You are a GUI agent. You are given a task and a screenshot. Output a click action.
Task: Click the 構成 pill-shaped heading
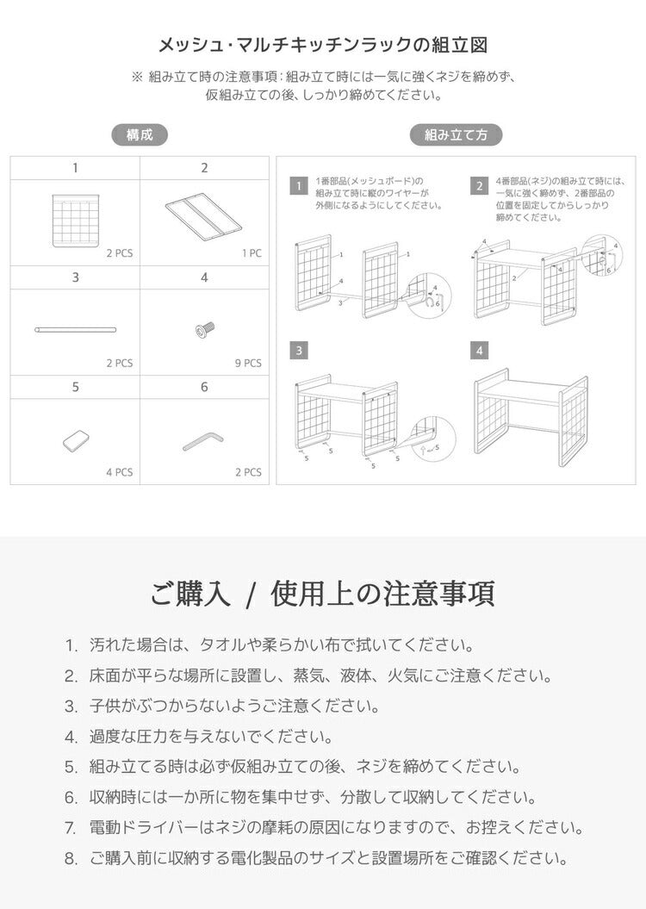pyautogui.click(x=140, y=134)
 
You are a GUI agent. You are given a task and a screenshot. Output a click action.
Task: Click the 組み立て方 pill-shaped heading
pyautogui.click(x=456, y=134)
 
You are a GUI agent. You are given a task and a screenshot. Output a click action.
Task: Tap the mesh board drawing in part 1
pyautogui.click(x=75, y=221)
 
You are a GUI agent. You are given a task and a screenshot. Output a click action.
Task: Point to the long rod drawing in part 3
pyautogui.click(x=75, y=329)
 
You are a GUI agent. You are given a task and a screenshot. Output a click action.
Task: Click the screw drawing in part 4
pyautogui.click(x=204, y=328)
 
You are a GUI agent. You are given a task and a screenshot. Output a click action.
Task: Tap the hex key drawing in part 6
pyautogui.click(x=203, y=440)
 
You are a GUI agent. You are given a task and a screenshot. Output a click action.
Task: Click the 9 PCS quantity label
pyautogui.click(x=247, y=363)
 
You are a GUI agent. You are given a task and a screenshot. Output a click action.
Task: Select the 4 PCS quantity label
pyautogui.click(x=119, y=472)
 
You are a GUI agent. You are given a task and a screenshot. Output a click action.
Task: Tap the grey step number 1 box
pyautogui.click(x=298, y=186)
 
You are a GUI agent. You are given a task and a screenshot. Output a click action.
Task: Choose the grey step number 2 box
pyautogui.click(x=479, y=186)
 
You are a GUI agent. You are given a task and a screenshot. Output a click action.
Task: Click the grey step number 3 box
pyautogui.click(x=298, y=351)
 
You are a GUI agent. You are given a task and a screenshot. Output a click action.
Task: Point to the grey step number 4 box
pyautogui.click(x=479, y=351)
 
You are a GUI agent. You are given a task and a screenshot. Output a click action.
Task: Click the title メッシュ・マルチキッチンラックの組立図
pyautogui.click(x=322, y=45)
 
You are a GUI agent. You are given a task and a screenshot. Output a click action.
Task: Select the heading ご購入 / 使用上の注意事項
pyautogui.click(x=322, y=594)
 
